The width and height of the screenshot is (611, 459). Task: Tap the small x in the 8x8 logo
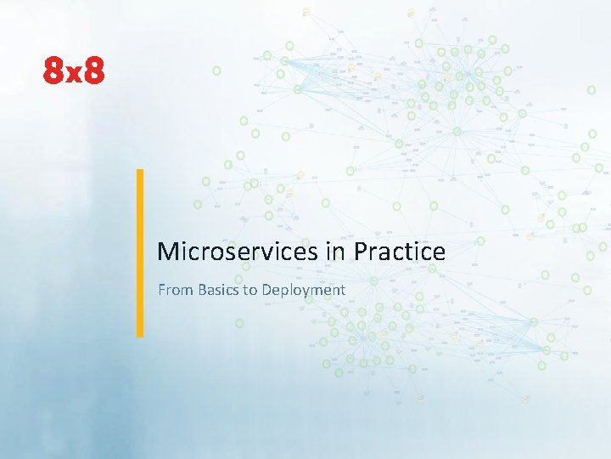75,76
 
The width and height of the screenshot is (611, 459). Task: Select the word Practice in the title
399,252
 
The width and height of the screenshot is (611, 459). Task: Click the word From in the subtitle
176,290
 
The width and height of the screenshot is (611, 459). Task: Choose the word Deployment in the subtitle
303,290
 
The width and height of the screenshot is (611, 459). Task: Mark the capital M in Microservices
168,252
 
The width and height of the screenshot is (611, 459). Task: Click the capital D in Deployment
267,290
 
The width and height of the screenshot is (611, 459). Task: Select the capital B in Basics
202,290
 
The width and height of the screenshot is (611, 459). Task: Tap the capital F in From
162,290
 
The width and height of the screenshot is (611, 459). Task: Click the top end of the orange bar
140,173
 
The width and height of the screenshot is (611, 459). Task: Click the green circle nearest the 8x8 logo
216,70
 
